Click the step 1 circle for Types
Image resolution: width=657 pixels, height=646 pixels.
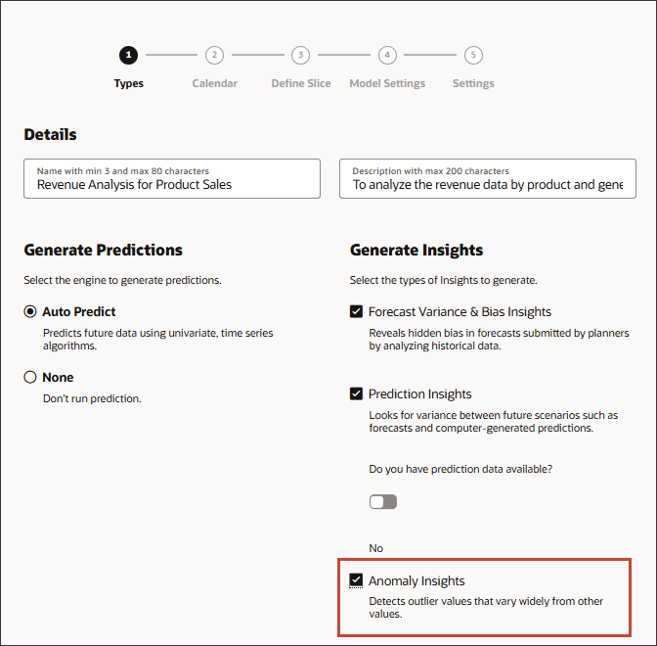click(x=128, y=56)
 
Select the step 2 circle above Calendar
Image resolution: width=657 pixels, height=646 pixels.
click(x=214, y=56)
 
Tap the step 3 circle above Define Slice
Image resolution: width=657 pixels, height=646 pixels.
click(x=301, y=56)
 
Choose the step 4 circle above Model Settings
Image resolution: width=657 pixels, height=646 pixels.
click(x=387, y=56)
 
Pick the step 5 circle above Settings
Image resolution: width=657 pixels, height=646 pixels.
click(x=473, y=56)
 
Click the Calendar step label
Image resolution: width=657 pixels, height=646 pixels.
click(x=214, y=83)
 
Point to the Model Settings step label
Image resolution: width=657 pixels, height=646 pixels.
click(x=387, y=83)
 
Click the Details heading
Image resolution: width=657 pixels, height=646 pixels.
click(x=51, y=134)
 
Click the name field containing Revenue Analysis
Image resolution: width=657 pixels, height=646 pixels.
click(x=172, y=179)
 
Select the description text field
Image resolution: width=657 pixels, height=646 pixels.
click(x=487, y=179)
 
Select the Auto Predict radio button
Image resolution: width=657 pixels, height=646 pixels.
click(x=30, y=312)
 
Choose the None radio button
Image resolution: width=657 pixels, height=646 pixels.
click(x=30, y=377)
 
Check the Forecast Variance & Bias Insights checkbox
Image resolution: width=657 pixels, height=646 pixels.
click(x=356, y=312)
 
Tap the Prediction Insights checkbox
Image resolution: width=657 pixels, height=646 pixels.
click(x=356, y=394)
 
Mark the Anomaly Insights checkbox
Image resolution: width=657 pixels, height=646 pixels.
click(x=356, y=580)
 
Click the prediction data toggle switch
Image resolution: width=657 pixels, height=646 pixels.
click(x=383, y=502)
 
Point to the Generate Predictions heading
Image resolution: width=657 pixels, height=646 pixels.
click(x=104, y=250)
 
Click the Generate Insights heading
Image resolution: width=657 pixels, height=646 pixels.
click(x=416, y=250)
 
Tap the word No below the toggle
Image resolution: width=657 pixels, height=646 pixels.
click(x=376, y=548)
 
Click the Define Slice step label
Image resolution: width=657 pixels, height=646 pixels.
click(x=301, y=83)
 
